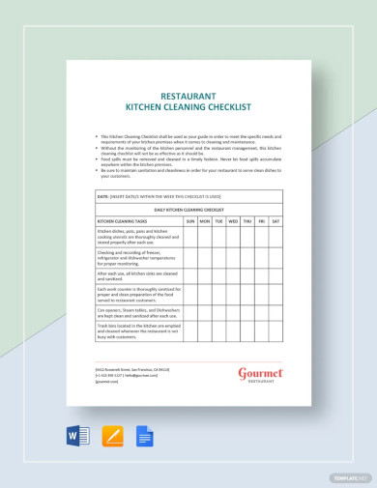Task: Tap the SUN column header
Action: tap(190, 221)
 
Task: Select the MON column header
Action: tap(205, 221)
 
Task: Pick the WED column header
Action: tap(233, 221)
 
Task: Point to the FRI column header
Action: tap(262, 221)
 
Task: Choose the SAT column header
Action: tap(276, 221)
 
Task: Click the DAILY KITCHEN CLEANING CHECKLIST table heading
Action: tap(189, 209)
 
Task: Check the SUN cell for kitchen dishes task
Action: tap(190, 238)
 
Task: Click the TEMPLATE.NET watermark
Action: tap(349, 477)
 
